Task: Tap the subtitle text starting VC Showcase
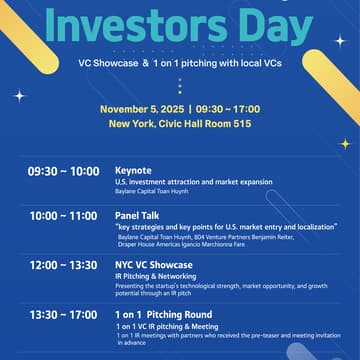(x=180, y=62)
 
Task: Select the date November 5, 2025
(x=139, y=108)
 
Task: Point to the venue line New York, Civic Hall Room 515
(x=179, y=123)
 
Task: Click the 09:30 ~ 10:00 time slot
(x=63, y=171)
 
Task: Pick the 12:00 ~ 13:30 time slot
(x=63, y=265)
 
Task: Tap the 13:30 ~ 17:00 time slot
(x=63, y=314)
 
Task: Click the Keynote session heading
(x=133, y=171)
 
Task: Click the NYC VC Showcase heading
(x=154, y=265)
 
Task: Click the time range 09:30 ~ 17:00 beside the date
(x=227, y=108)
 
